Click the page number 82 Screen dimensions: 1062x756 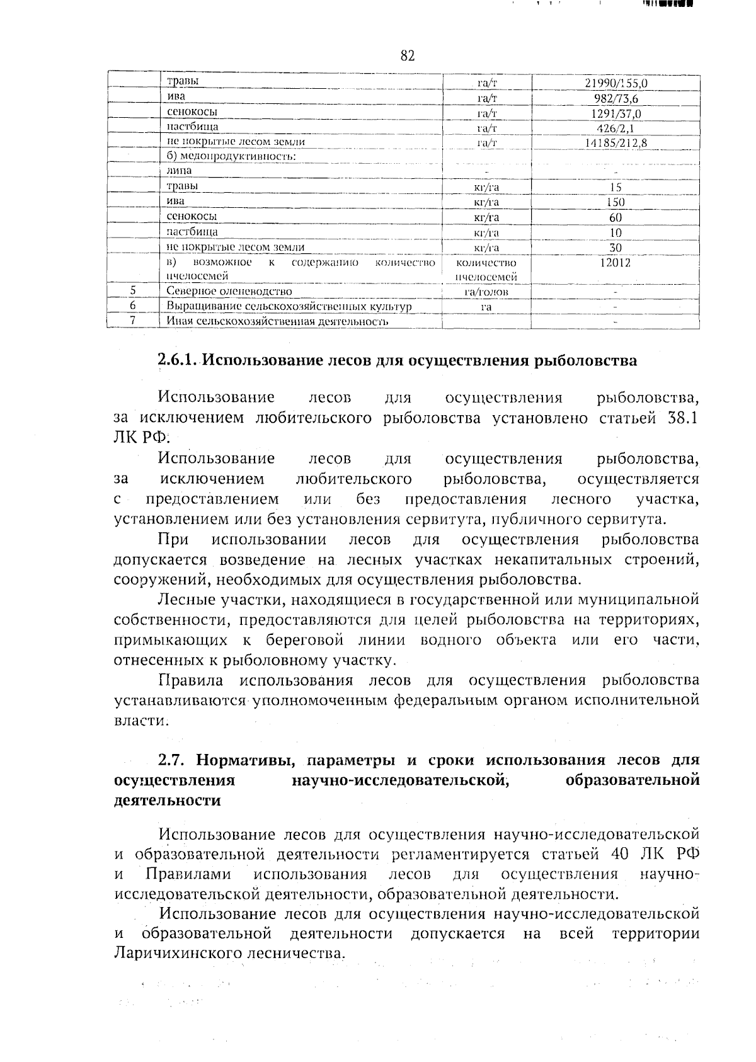pyautogui.click(x=408, y=56)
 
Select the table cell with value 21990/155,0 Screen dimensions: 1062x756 pyautogui.click(x=616, y=83)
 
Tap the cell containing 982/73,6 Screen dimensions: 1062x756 pyautogui.click(x=616, y=99)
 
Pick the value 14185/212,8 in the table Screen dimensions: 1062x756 pyautogui.click(x=616, y=143)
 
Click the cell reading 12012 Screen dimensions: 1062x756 pyautogui.click(x=616, y=263)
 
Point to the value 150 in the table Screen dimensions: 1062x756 pyautogui.click(x=616, y=202)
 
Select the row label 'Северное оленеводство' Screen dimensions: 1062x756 pyautogui.click(x=229, y=292)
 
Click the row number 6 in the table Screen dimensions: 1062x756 pyautogui.click(x=133, y=305)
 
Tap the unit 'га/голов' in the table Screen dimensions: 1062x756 pyautogui.click(x=486, y=292)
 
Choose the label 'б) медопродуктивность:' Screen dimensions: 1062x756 pyautogui.click(x=231, y=156)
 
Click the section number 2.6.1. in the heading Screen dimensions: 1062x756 pyautogui.click(x=178, y=361)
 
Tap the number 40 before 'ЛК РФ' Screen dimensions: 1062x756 pyautogui.click(x=623, y=855)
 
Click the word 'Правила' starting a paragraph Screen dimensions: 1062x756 pyautogui.click(x=190, y=681)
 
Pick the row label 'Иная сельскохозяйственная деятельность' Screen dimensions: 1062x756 pyautogui.click(x=276, y=322)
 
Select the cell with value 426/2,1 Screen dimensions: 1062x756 pyautogui.click(x=616, y=128)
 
